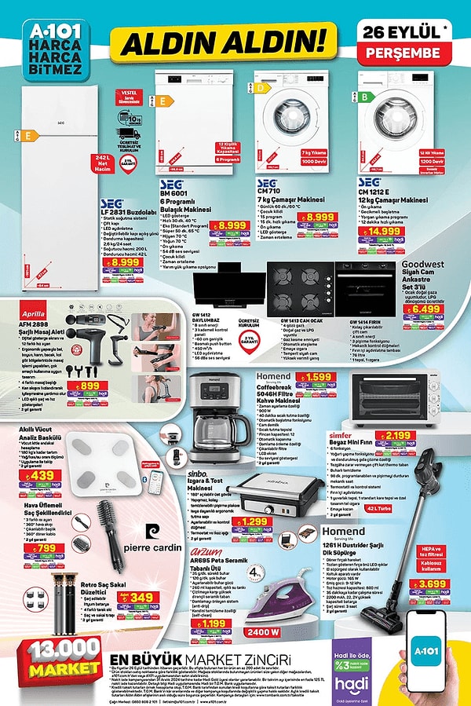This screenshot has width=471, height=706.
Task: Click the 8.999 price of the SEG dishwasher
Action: (232, 225)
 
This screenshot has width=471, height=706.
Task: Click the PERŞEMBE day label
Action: (409, 53)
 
